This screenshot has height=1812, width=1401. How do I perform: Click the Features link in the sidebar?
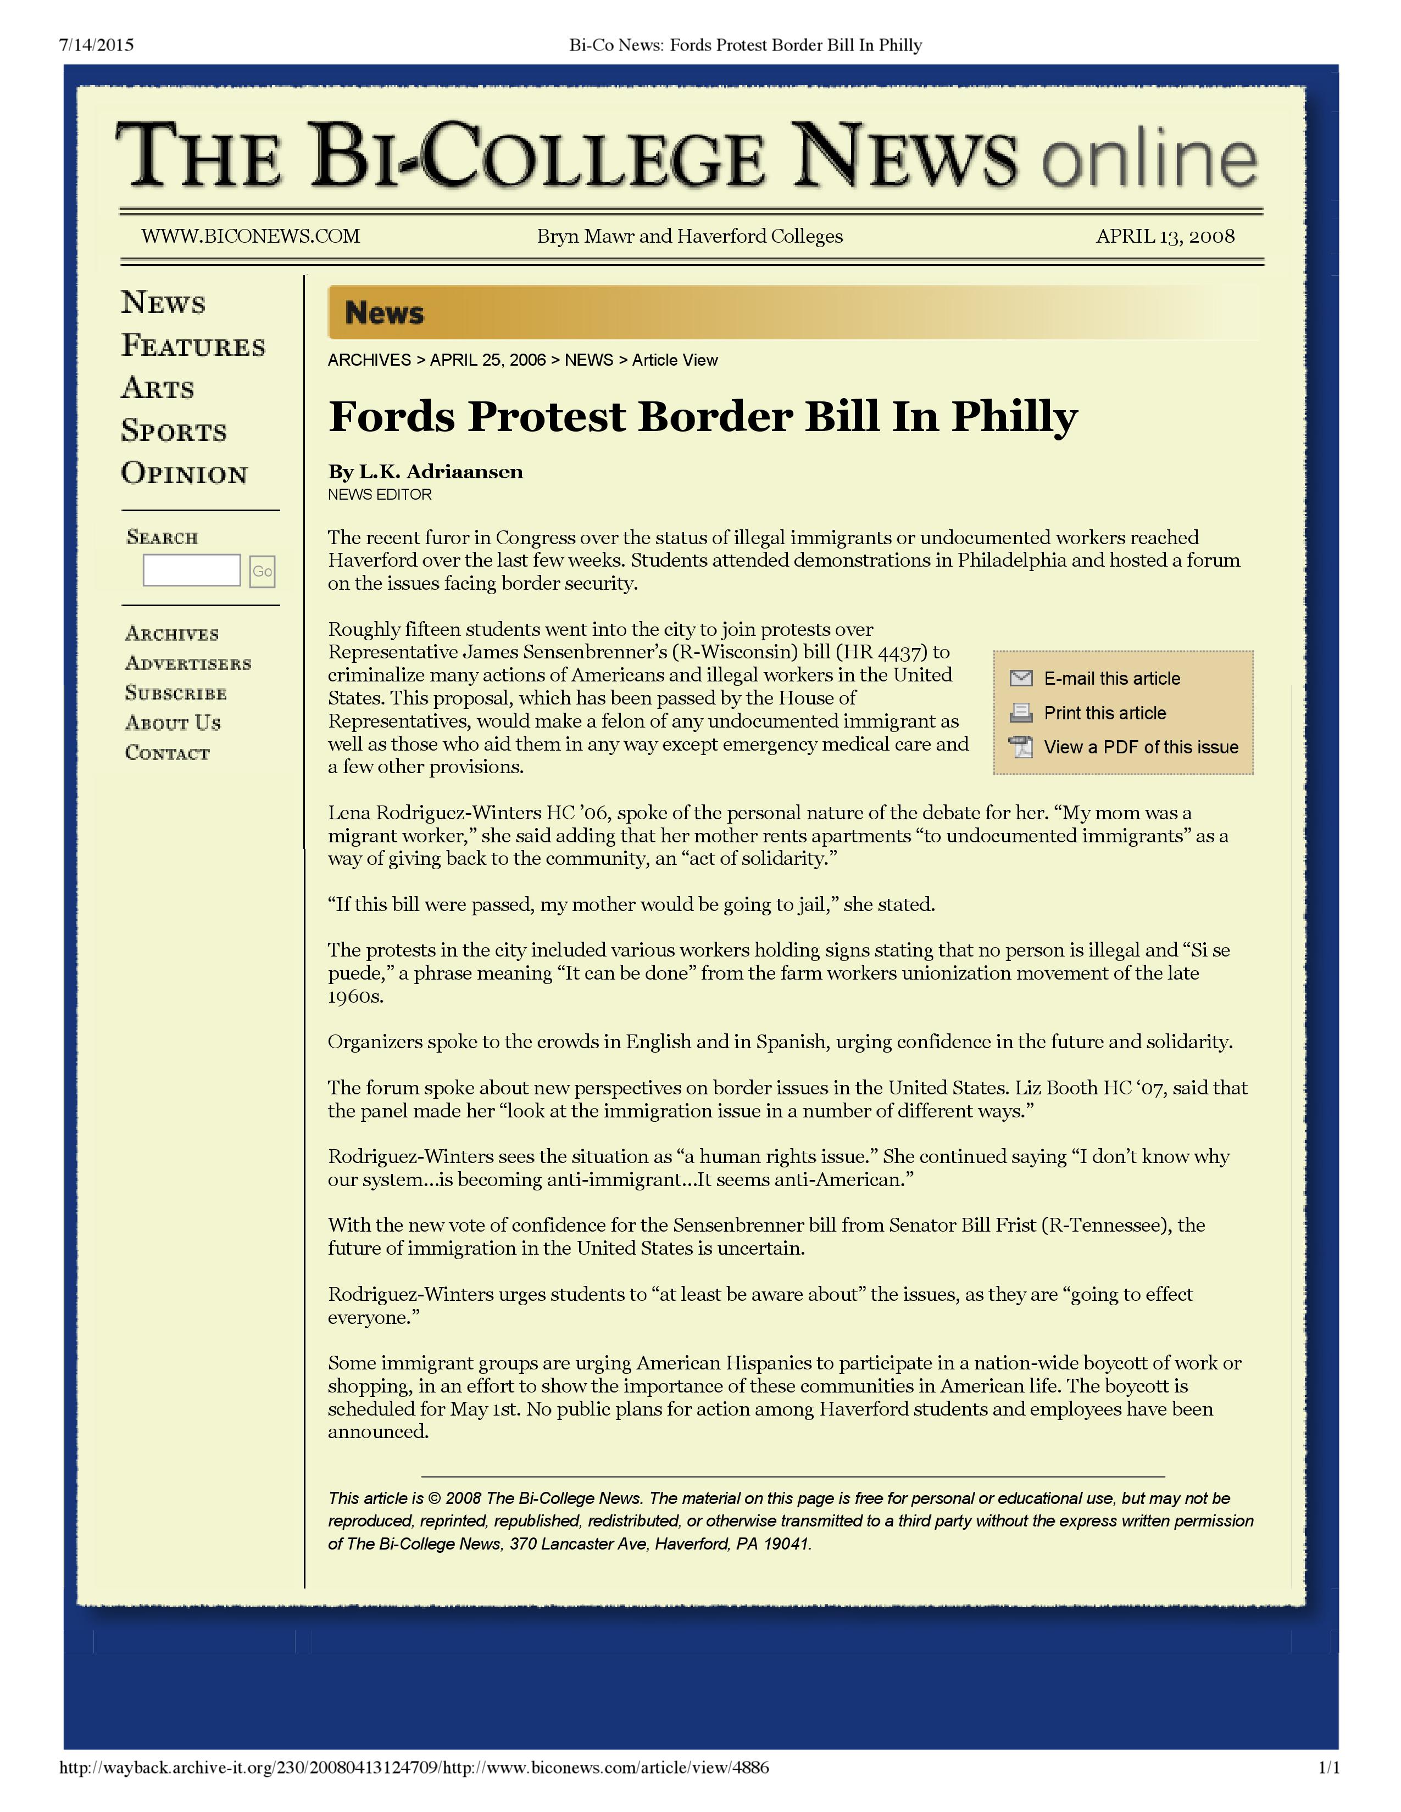(193, 346)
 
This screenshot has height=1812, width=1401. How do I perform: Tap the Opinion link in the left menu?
(184, 474)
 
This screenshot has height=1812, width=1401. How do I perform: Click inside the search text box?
(191, 571)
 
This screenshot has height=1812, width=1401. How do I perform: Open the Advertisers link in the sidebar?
(187, 664)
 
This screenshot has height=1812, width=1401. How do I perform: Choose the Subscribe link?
(176, 694)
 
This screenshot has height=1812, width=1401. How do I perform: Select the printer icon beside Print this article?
(1021, 713)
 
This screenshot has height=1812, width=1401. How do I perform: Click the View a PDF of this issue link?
(1141, 747)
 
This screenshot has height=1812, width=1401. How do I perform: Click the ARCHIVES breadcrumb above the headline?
(369, 360)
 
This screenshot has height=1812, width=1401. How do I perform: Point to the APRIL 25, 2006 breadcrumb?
(488, 360)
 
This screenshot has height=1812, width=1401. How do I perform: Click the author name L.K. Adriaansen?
(441, 472)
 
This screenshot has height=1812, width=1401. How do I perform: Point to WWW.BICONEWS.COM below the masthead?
(251, 237)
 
